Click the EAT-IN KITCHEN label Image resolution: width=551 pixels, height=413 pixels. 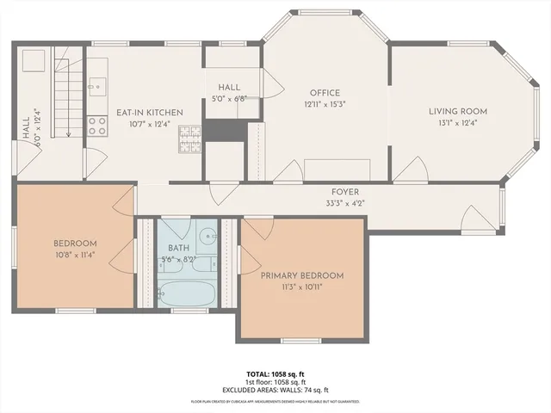(x=150, y=113)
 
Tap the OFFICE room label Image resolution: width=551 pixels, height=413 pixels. (x=325, y=93)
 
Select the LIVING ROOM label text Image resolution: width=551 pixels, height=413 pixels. (x=459, y=111)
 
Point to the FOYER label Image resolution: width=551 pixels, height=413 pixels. (x=345, y=192)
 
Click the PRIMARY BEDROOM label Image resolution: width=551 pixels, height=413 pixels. (x=302, y=275)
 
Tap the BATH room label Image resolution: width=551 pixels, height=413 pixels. (x=180, y=247)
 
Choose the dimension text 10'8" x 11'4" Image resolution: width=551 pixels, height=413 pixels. (x=75, y=255)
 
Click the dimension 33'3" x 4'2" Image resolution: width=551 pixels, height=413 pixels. (x=345, y=204)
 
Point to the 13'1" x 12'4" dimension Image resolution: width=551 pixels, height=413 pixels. (x=459, y=122)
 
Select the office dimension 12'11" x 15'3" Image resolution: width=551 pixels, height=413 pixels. (x=325, y=105)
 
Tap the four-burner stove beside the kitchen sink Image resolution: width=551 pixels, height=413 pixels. (x=97, y=126)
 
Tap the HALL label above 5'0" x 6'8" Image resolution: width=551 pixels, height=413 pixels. (x=229, y=88)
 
